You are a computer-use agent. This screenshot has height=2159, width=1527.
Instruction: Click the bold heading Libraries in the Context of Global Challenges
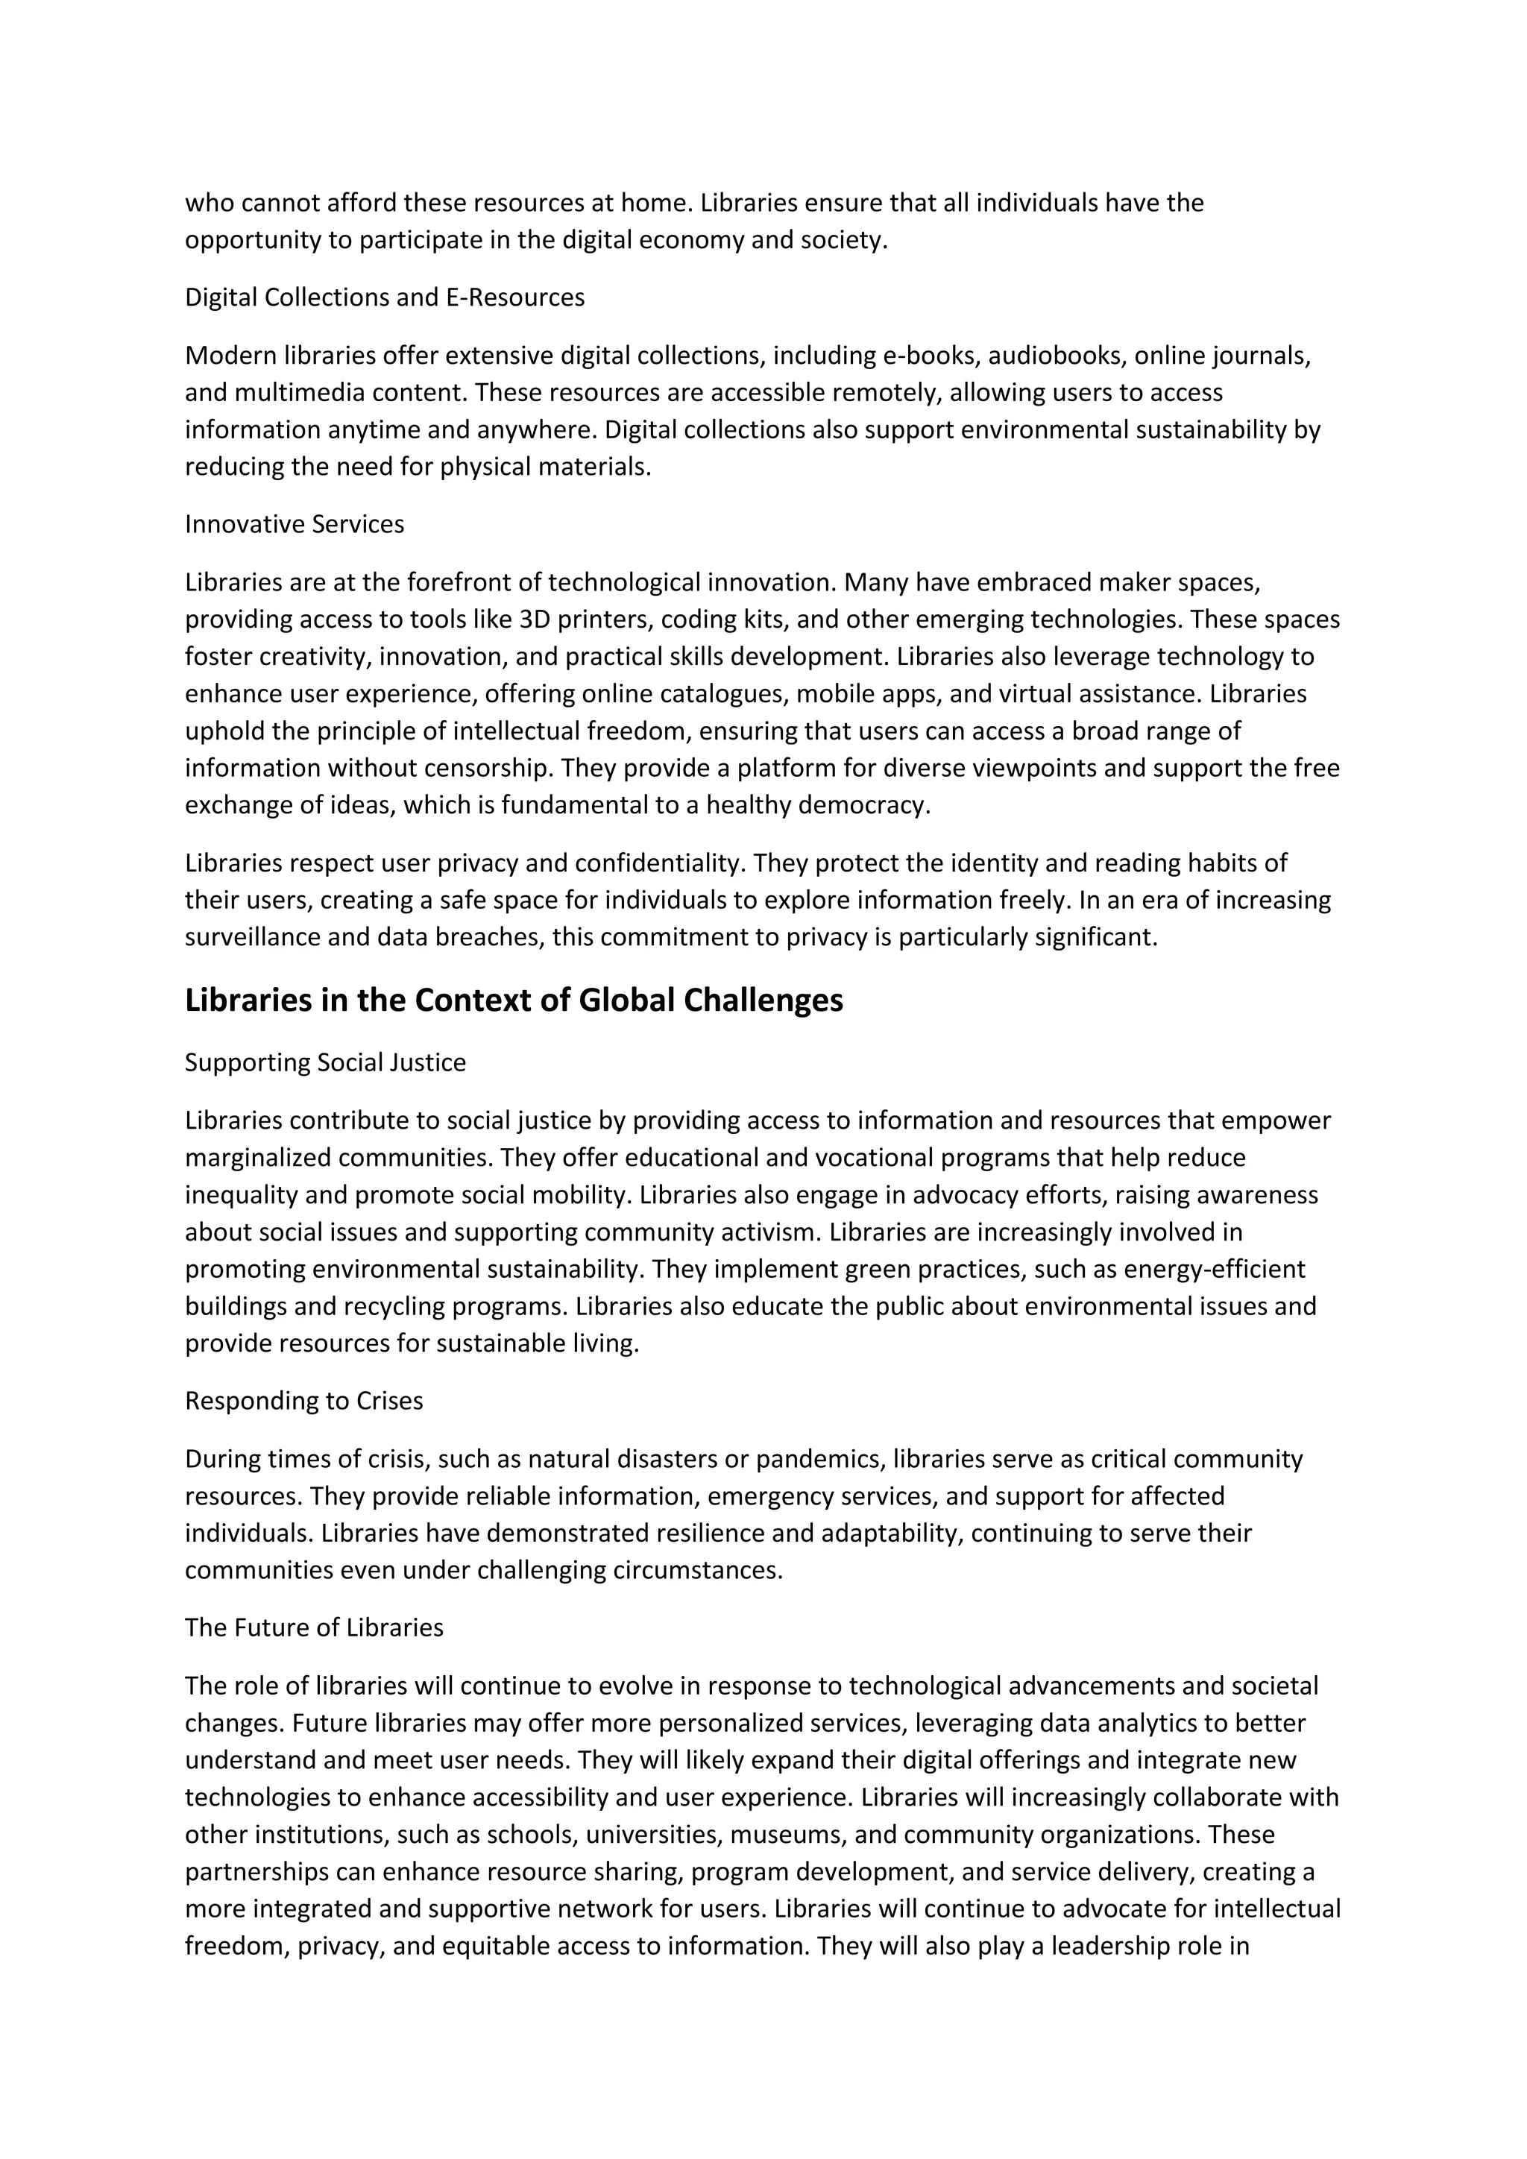coord(514,1000)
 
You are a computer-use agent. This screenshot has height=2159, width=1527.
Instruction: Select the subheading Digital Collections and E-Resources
coord(385,297)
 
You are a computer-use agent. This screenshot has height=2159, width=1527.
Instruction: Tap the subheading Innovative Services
coord(295,524)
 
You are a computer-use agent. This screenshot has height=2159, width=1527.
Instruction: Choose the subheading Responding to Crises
coord(303,1401)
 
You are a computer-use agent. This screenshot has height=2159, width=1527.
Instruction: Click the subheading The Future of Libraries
coord(314,1627)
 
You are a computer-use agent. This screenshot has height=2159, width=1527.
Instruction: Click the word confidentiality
coord(656,863)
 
